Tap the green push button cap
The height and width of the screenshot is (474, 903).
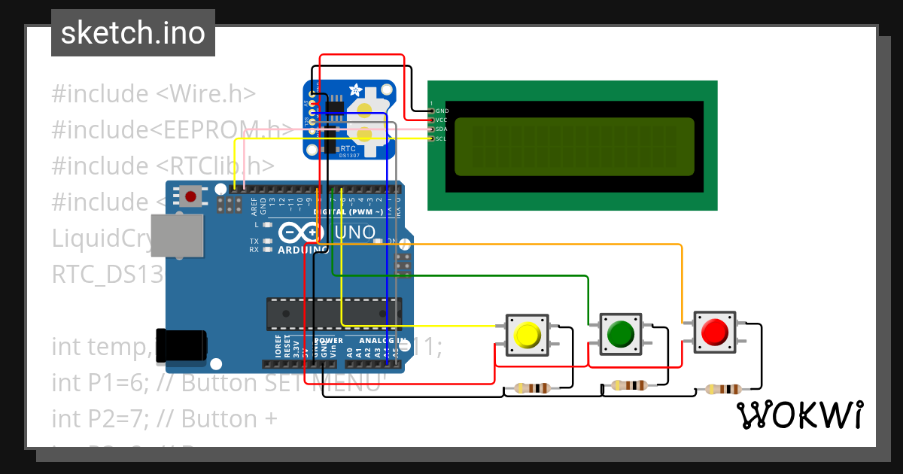pyautogui.click(x=621, y=332)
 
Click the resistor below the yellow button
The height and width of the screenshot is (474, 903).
pyautogui.click(x=531, y=388)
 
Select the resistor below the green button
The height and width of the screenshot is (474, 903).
pyautogui.click(x=629, y=385)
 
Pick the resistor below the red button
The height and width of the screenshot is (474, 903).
pyautogui.click(x=723, y=389)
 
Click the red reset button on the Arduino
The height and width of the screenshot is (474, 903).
pyautogui.click(x=190, y=197)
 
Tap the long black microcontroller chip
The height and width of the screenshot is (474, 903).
pyautogui.click(x=333, y=314)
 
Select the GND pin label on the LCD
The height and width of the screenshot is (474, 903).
pyautogui.click(x=442, y=111)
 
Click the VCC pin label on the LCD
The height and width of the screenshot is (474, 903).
pyautogui.click(x=442, y=120)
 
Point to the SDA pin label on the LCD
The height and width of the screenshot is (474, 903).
pyautogui.click(x=442, y=129)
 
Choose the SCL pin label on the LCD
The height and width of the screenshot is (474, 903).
pyautogui.click(x=442, y=138)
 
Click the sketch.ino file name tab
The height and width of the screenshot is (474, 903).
pyautogui.click(x=133, y=33)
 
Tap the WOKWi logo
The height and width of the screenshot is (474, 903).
pyautogui.click(x=799, y=415)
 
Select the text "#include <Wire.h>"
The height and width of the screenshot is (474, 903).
pyautogui.click(x=154, y=94)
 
